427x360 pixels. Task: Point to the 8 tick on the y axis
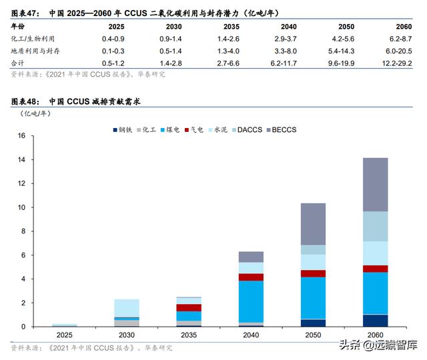click(x=22, y=231)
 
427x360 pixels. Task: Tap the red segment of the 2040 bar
click(x=252, y=277)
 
